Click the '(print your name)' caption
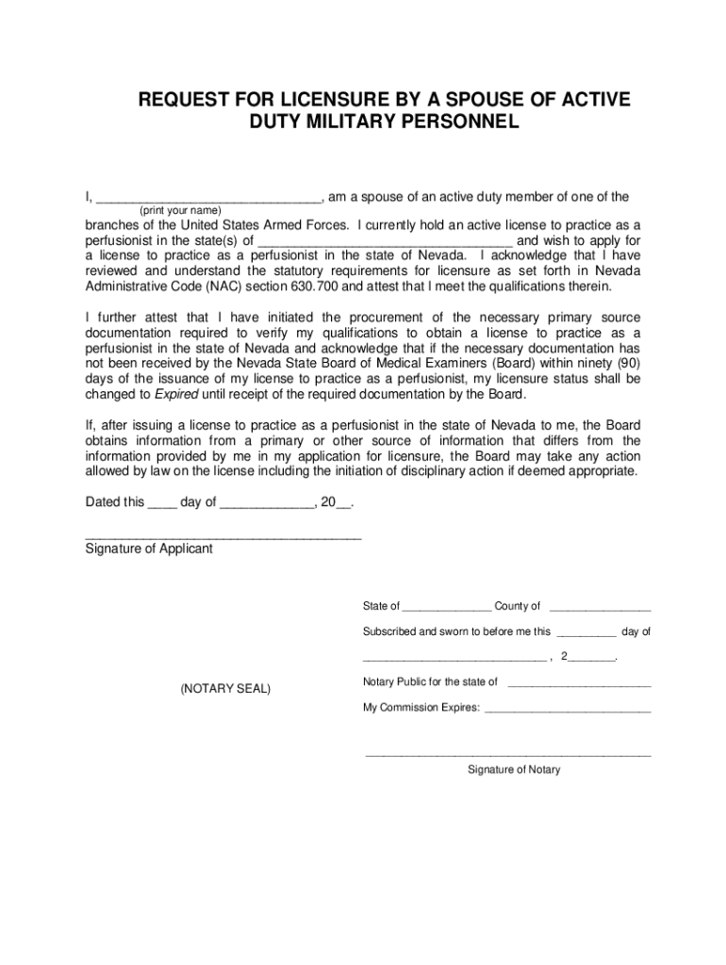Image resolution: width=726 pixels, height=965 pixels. [x=180, y=209]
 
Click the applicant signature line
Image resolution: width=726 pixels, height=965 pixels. [x=223, y=535]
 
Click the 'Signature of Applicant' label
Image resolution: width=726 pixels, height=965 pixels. [x=149, y=548]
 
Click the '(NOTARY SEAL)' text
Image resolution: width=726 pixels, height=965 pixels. [x=225, y=690]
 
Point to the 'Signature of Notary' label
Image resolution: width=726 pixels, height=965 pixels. [x=514, y=770]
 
